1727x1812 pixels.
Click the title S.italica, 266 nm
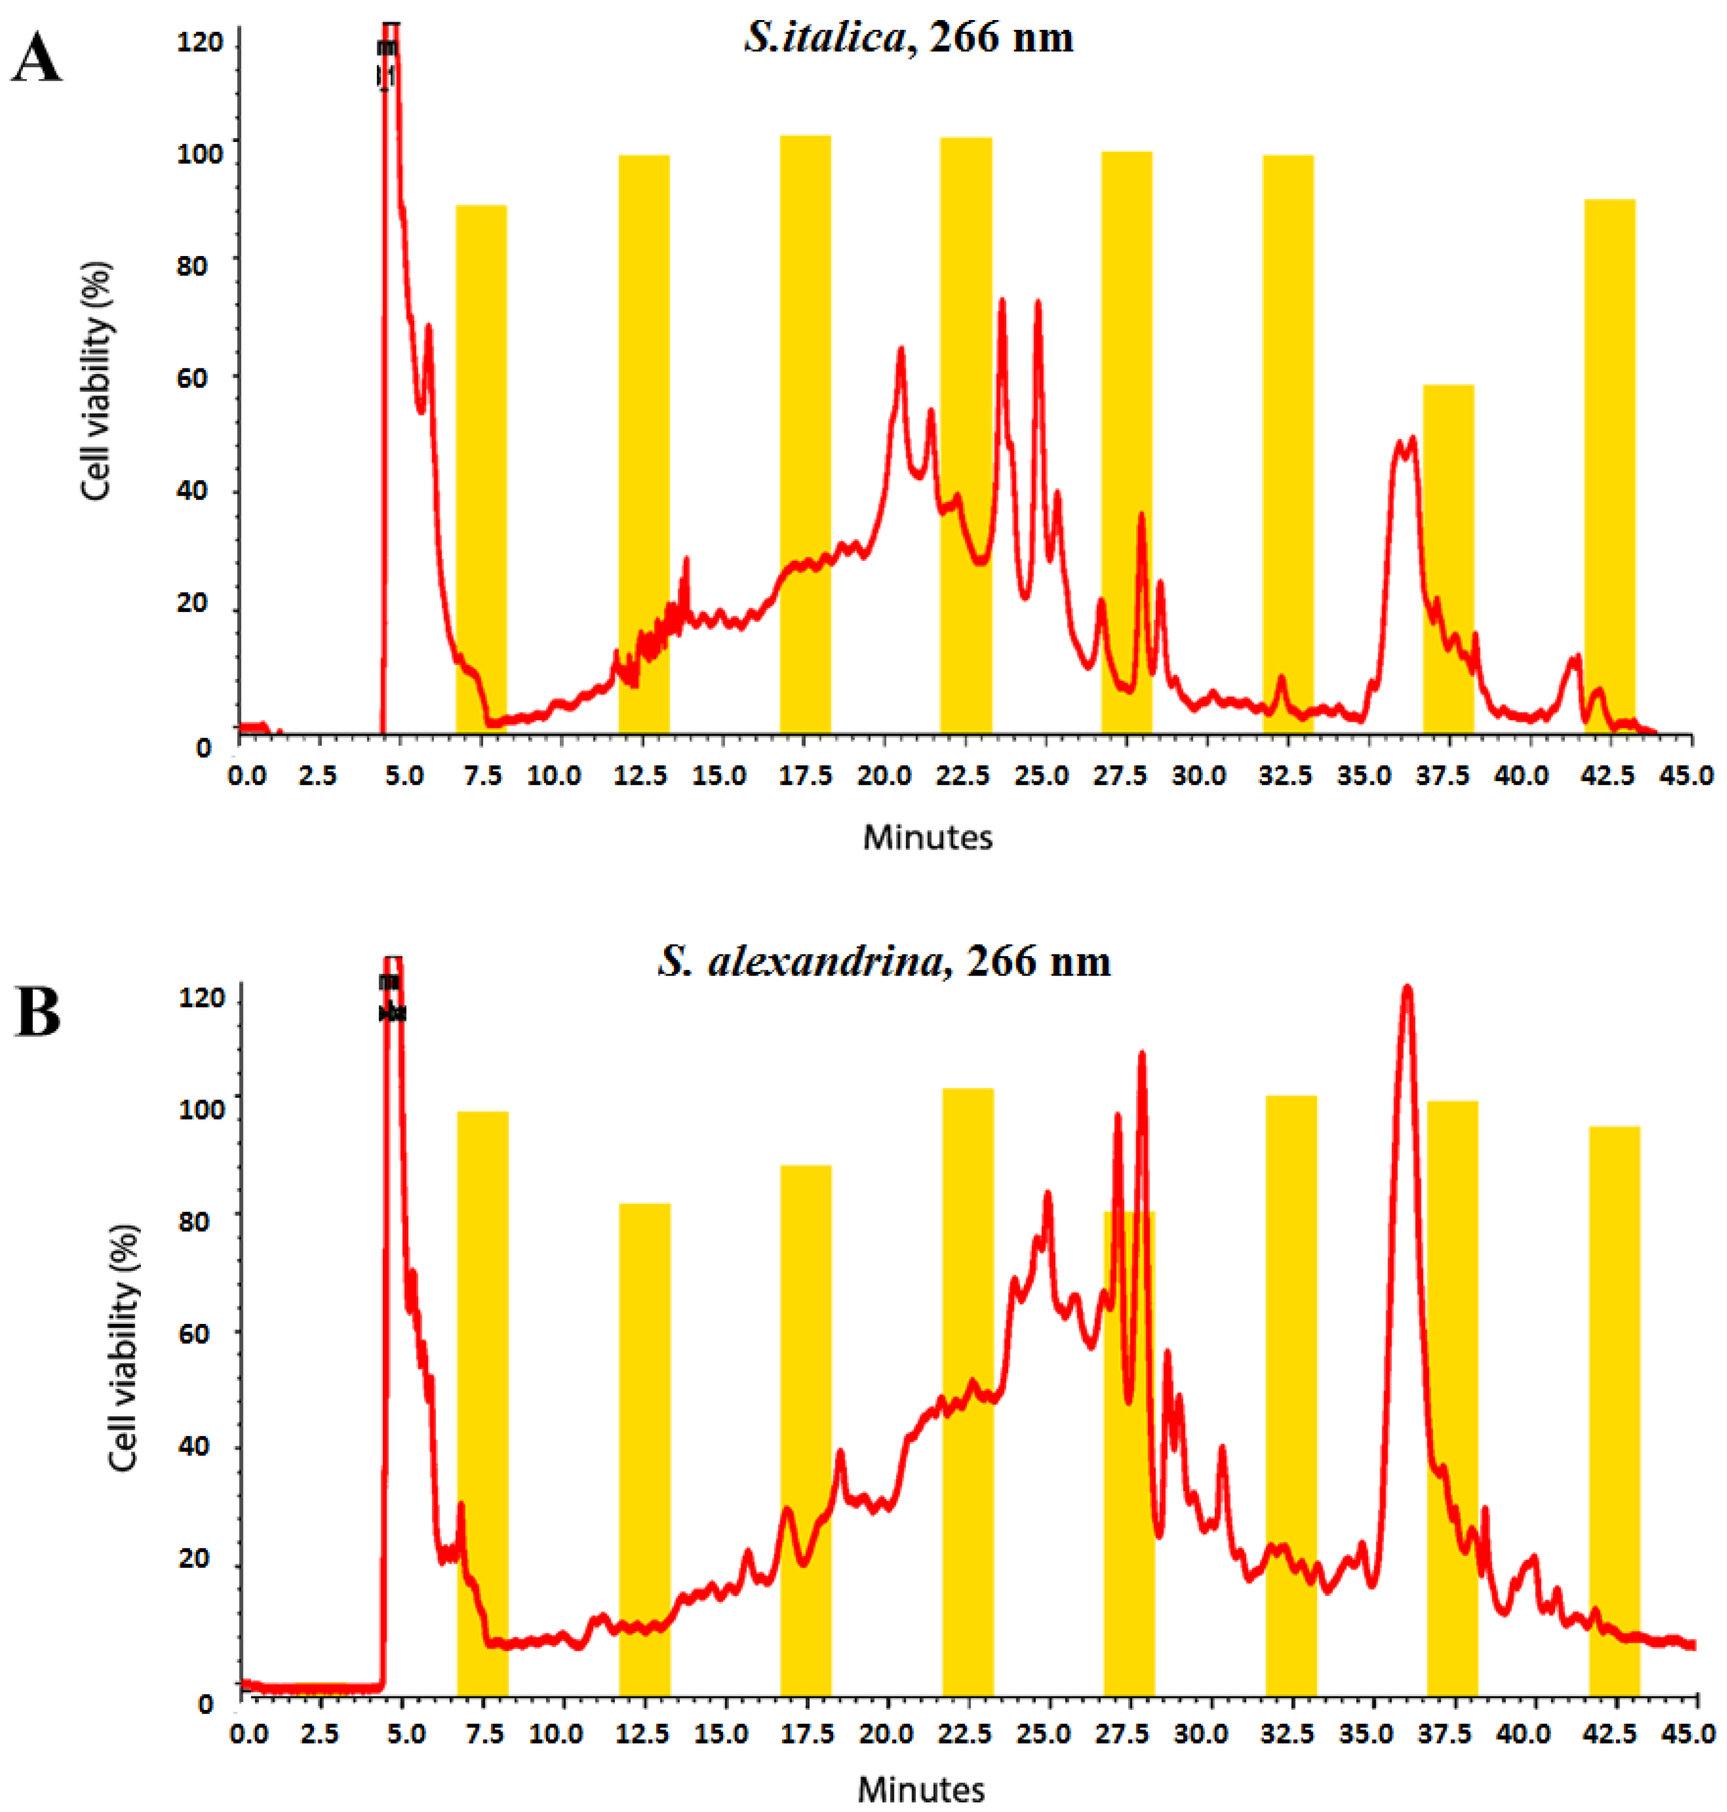(909, 38)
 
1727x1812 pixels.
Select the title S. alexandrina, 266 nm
(884, 962)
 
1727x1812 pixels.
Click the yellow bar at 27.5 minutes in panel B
(1129, 1454)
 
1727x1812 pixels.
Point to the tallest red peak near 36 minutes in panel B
(1406, 989)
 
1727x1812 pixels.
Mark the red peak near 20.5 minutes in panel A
(901, 349)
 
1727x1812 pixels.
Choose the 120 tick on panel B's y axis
(205, 999)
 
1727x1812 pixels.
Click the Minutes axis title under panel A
(927, 838)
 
